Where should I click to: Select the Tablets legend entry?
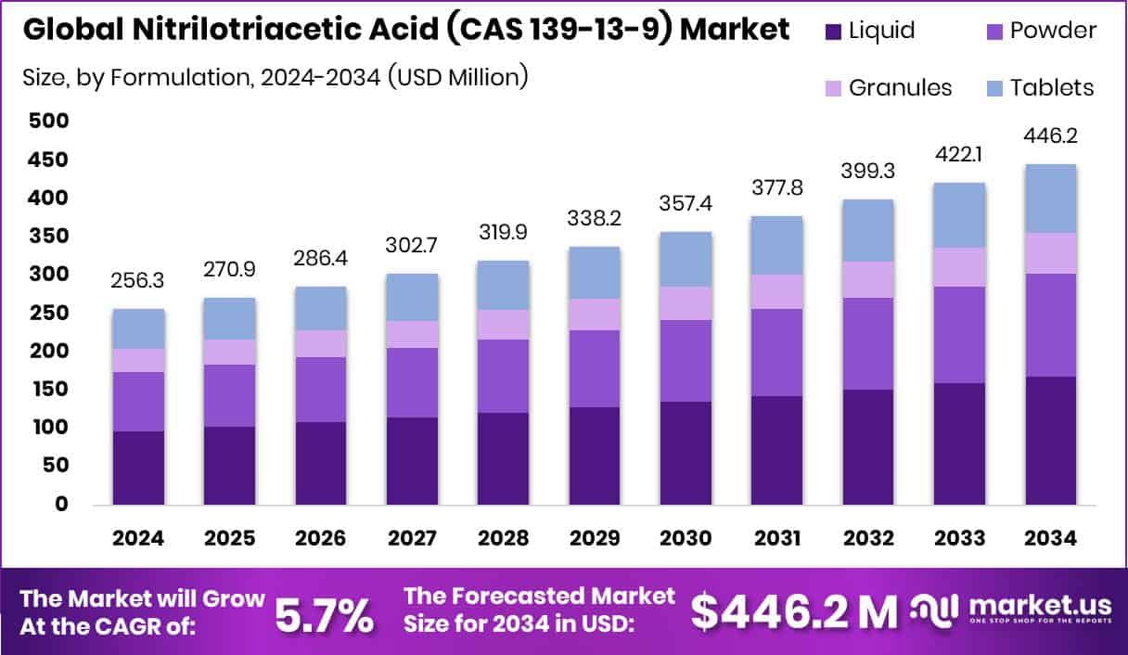click(1052, 87)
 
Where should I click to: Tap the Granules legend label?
click(900, 87)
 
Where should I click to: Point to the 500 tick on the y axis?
click(47, 121)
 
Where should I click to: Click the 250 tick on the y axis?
click(47, 313)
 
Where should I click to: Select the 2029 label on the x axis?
click(595, 539)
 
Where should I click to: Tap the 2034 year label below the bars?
click(1050, 539)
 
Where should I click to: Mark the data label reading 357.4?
click(686, 202)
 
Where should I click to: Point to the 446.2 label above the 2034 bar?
click(1050, 136)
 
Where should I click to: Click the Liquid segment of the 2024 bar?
click(138, 468)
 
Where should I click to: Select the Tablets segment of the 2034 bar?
click(1050, 199)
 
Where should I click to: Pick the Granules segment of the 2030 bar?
click(686, 303)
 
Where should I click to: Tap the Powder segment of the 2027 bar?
click(412, 382)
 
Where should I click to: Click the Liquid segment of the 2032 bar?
click(868, 446)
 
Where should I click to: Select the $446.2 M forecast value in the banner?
click(795, 611)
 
